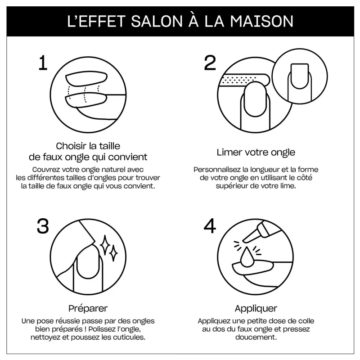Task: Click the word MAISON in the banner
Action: coord(262,21)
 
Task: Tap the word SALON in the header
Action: coord(157,21)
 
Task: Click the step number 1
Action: coord(43,63)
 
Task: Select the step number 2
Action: coord(210,63)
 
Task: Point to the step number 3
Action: coord(43,226)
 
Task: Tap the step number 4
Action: coord(210,226)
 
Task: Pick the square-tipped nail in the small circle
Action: coord(299,76)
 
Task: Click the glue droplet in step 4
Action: coord(247,257)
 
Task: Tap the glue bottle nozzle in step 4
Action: coord(250,237)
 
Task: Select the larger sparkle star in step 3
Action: coord(105,245)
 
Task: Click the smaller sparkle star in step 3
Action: coord(113,253)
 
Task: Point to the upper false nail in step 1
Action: coord(86,78)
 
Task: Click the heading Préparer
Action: coord(88,308)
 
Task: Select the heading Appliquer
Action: coord(256,308)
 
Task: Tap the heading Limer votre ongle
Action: coord(256,152)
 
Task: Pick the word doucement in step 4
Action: coord(256,337)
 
